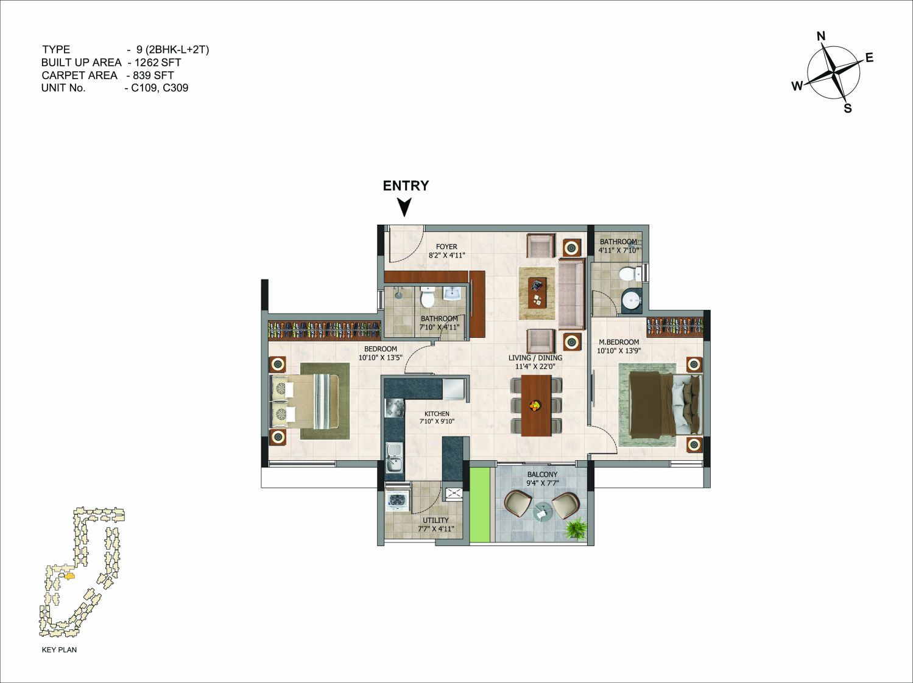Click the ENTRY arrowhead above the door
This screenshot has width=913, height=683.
click(404, 207)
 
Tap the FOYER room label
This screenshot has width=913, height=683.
click(446, 247)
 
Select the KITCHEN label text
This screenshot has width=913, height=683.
click(437, 413)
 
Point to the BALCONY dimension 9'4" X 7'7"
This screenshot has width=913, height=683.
click(543, 483)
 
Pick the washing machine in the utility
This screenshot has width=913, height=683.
click(398, 500)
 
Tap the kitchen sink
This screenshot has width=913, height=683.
click(394, 457)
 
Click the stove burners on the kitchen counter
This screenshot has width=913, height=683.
click(394, 407)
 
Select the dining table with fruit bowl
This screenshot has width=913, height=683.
click(536, 405)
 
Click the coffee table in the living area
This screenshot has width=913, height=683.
click(537, 293)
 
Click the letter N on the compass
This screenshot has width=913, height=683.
click(820, 37)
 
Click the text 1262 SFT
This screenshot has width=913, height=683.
click(158, 62)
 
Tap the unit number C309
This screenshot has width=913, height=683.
click(175, 88)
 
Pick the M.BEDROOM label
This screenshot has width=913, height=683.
click(619, 341)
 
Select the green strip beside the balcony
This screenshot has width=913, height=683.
click(480, 505)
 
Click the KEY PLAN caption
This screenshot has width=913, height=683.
click(59, 650)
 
